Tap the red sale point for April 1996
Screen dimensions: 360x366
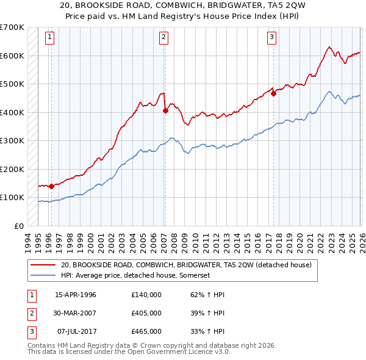[51, 186]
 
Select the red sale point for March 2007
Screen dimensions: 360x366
[165, 110]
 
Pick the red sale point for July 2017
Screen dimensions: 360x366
[273, 93]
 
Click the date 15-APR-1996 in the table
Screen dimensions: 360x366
[76, 295]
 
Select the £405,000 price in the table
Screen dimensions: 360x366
[146, 313]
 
